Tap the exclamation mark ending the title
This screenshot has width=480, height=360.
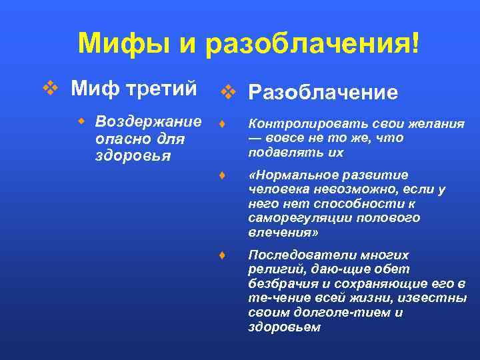pos(417,44)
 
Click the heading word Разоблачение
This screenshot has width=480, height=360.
pos(323,93)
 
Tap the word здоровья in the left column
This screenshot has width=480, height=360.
pos(124,157)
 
